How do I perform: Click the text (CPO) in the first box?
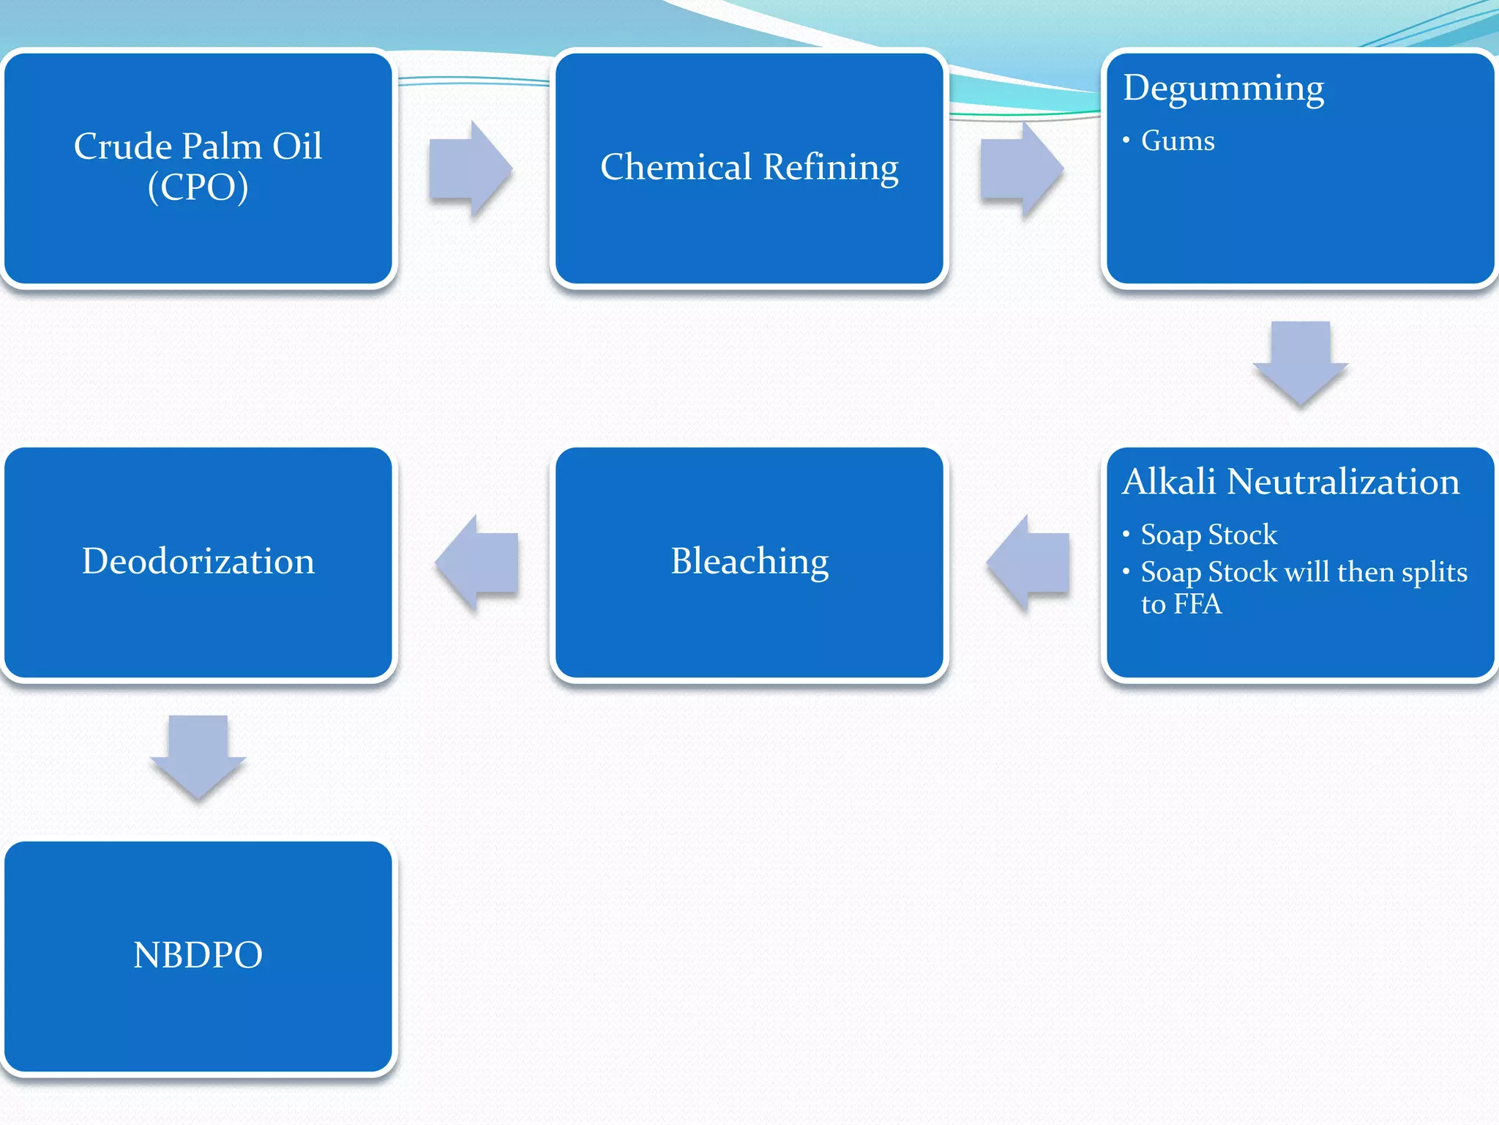click(x=198, y=187)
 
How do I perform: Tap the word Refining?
click(x=831, y=168)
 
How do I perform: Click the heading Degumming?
click(x=1223, y=89)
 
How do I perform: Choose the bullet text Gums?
click(x=1177, y=141)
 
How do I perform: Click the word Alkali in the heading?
click(x=1169, y=482)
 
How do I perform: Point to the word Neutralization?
click(x=1342, y=482)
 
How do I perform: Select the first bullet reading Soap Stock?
click(x=1208, y=535)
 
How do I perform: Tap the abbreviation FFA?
click(x=1197, y=604)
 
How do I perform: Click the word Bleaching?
click(x=749, y=562)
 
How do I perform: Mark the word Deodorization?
click(x=198, y=562)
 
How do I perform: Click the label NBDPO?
click(x=198, y=955)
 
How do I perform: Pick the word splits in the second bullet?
click(x=1434, y=572)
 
